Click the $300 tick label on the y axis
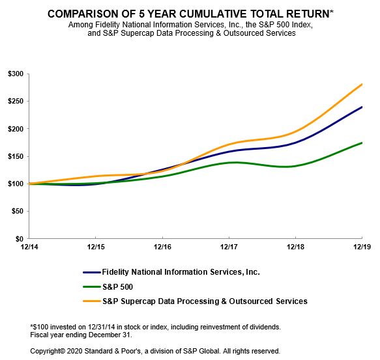[x=15, y=74]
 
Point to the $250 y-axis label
[x=15, y=101]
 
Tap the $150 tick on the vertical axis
[x=15, y=156]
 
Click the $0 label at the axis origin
[x=20, y=239]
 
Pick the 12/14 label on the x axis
[x=28, y=247]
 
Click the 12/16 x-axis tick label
[x=162, y=247]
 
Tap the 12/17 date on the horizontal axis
[x=229, y=247]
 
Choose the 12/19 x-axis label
[x=362, y=247]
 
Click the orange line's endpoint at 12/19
[x=362, y=84]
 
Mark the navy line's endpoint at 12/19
[x=362, y=107]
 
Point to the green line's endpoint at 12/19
[x=362, y=143]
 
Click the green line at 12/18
[x=295, y=165]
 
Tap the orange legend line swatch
[x=93, y=301]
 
